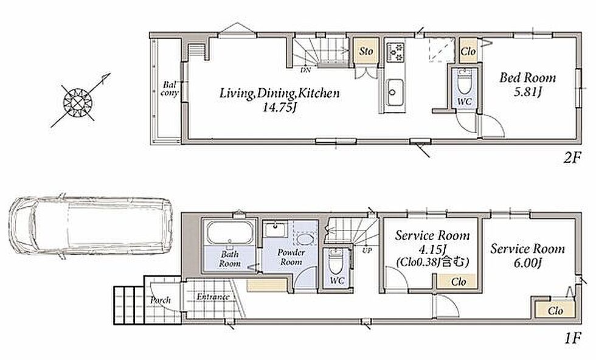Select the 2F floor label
[572, 157]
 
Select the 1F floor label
[572, 337]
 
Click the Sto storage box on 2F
[366, 50]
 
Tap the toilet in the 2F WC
[464, 81]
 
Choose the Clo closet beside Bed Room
[468, 50]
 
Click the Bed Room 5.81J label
[528, 85]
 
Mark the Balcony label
[169, 89]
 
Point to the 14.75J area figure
[279, 108]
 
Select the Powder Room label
[291, 257]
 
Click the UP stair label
[367, 251]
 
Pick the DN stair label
[305, 71]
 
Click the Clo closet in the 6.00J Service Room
[555, 310]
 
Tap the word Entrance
[213, 297]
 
